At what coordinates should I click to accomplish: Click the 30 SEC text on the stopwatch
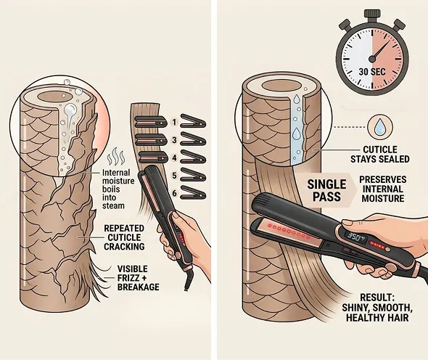371,72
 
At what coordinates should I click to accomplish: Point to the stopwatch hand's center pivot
372,59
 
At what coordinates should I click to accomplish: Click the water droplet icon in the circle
379,128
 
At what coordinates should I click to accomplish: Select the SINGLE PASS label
326,190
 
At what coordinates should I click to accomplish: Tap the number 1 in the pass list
174,122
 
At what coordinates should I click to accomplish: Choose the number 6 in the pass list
174,193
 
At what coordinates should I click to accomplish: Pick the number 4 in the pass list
174,157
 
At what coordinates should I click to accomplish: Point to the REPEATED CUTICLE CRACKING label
124,237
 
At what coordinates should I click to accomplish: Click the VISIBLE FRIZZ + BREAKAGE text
138,278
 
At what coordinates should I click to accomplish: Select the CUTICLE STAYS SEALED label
379,155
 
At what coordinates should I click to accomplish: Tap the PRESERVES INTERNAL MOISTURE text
383,189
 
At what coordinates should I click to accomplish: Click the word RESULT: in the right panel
377,298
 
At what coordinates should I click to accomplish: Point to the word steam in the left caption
113,205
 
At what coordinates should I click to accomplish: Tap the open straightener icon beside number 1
194,121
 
